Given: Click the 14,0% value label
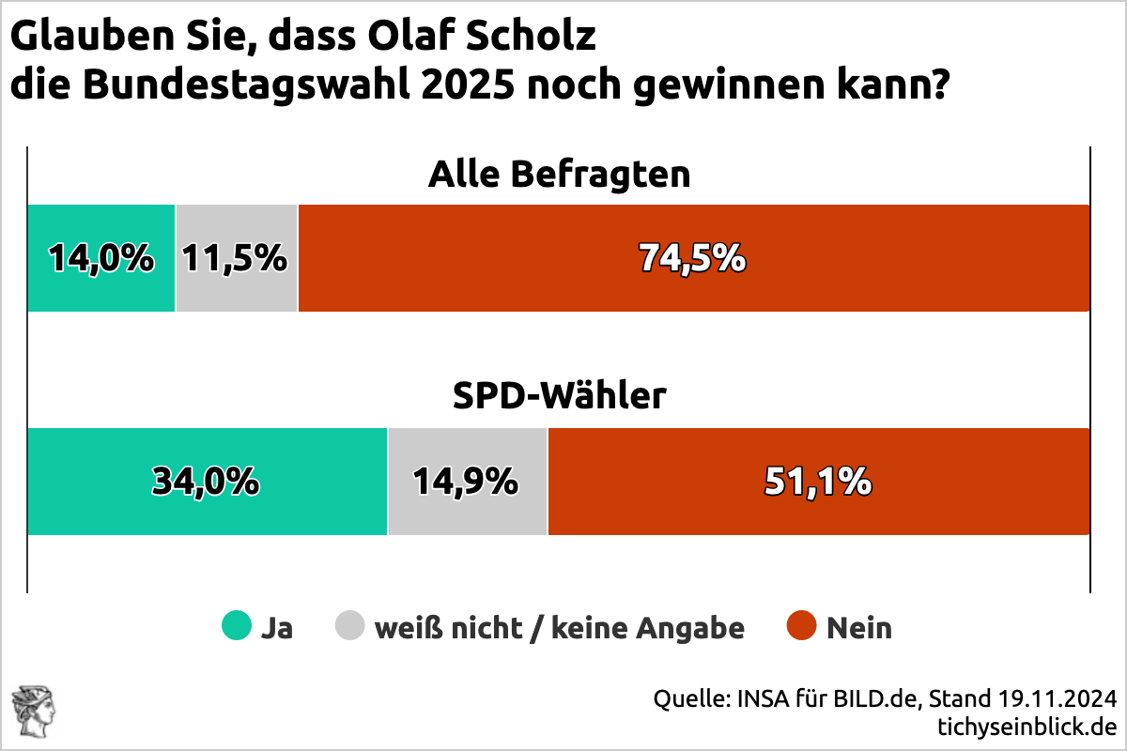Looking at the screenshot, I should [x=101, y=257].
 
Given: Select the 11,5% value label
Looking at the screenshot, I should [x=235, y=257].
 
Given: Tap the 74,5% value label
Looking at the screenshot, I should [x=692, y=257].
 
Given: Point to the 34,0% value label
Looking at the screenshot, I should [x=207, y=481].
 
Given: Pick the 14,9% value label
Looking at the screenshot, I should [x=466, y=481].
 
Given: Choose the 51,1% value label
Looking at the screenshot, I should [x=818, y=481].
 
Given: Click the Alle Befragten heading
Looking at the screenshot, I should [x=559, y=175].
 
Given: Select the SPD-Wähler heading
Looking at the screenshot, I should [x=559, y=397].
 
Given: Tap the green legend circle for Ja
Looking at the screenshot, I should [x=237, y=626].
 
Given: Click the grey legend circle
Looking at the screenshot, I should [x=350, y=626].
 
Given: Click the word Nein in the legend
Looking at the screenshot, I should [x=859, y=627].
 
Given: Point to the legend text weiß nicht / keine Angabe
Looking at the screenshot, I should [x=559, y=627].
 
